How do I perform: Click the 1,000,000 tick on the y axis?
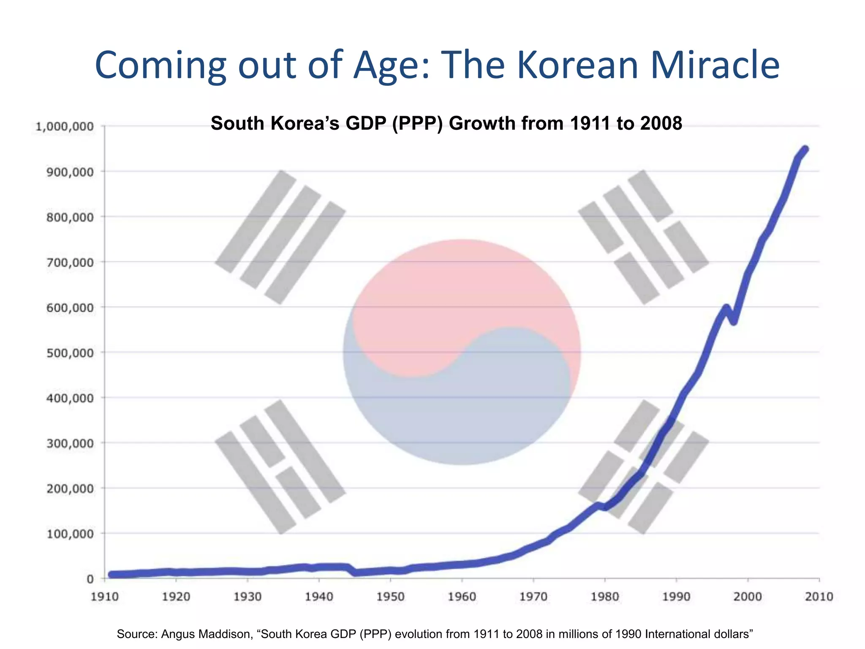(64, 126)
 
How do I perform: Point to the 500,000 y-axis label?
(70, 352)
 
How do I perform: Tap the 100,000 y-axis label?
(70, 534)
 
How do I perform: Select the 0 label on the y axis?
(90, 579)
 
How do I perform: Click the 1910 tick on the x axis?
(105, 597)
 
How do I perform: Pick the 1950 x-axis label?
(391, 597)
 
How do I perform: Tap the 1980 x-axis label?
(605, 597)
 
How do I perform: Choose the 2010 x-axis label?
(819, 597)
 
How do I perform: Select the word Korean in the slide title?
(577, 65)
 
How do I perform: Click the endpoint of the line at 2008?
(805, 149)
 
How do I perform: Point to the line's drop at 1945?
(356, 573)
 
